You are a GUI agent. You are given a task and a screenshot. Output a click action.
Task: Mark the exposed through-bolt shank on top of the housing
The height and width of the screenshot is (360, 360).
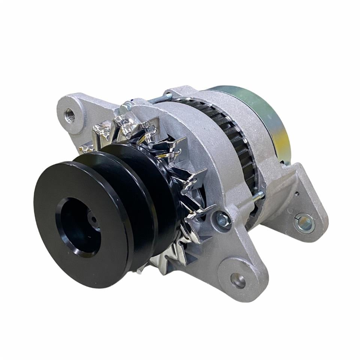[159, 99]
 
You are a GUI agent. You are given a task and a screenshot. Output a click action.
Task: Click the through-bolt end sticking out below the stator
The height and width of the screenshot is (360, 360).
[258, 196]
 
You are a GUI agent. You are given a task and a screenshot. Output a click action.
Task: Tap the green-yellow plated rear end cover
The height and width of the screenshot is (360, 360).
[262, 120]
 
